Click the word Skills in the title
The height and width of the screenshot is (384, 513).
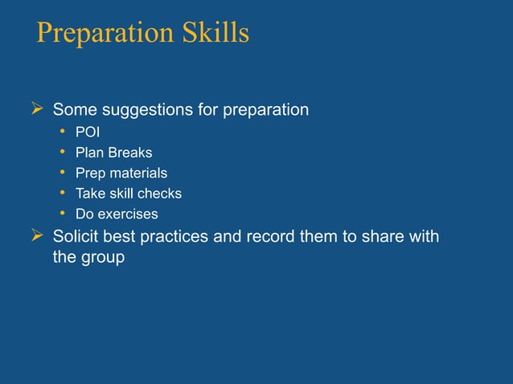[215, 34]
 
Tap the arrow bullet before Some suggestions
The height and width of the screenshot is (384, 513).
[35, 109]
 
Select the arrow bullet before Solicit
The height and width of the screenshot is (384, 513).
[35, 237]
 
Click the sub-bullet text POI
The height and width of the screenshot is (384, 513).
[88, 132]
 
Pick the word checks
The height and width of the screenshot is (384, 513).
[159, 194]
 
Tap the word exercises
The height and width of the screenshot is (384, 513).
[127, 214]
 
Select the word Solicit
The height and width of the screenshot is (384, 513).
[76, 238]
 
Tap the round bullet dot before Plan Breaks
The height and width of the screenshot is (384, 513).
[62, 153]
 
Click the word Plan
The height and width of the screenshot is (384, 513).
[88, 153]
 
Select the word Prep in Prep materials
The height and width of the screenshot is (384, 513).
[89, 174]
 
